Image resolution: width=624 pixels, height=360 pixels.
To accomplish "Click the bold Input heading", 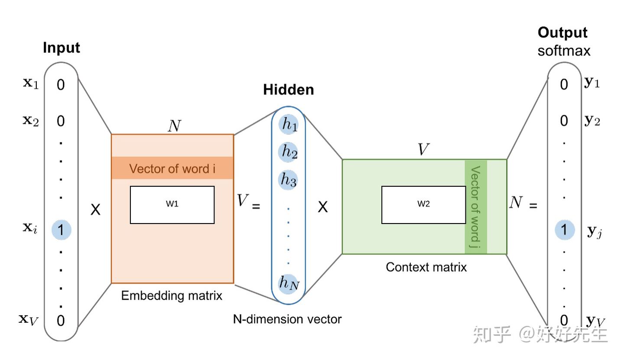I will pos(62,48).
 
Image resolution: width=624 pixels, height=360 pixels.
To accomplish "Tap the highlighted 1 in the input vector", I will pos(61,230).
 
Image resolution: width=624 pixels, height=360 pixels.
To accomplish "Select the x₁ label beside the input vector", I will pos(31,84).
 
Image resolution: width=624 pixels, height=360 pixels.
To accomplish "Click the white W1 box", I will pos(172,205).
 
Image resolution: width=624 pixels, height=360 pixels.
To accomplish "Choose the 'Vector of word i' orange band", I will pos(172,168).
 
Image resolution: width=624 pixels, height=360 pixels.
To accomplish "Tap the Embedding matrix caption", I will pos(172,296).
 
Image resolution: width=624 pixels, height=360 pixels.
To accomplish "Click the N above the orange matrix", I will pos(174,126).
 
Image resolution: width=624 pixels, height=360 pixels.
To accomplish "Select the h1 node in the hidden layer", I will pos(289,124).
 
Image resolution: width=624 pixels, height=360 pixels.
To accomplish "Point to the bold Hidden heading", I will pos(289,90).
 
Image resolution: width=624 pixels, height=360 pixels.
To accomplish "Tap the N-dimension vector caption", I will pos(287,320).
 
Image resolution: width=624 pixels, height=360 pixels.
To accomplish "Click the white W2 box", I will pos(423,205).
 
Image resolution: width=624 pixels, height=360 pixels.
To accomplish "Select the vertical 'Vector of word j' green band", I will pos(476,207).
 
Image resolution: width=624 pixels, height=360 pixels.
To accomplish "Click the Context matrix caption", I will pos(426,267).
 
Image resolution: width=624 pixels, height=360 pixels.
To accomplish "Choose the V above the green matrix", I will pos(423,150).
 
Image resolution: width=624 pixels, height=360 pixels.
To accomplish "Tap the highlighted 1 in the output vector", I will pos(564,230).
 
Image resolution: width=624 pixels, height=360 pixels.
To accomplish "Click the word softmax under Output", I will pos(564,51).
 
